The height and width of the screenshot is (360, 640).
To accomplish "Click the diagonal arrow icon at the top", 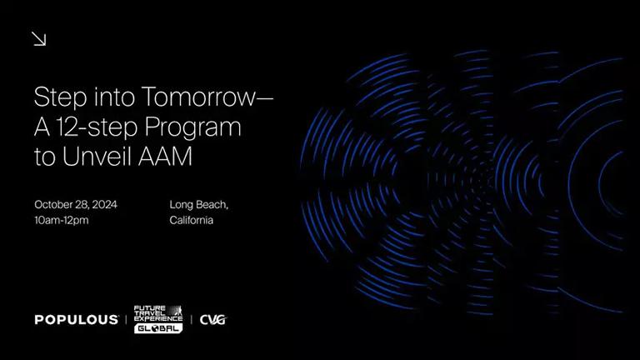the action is click(39, 39).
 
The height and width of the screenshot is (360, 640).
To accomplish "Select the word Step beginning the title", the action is click(60, 98).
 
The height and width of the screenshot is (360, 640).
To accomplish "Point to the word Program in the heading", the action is click(193, 127).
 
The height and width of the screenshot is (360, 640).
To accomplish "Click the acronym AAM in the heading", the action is click(165, 157).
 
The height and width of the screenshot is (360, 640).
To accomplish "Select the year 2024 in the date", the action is click(104, 204).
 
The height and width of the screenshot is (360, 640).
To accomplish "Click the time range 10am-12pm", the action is click(61, 220).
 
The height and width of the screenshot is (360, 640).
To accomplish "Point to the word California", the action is click(192, 220).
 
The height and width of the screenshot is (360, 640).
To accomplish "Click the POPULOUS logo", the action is click(77, 320).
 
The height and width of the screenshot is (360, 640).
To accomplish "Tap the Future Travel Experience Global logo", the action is click(158, 319).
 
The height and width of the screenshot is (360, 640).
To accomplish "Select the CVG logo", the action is click(212, 320).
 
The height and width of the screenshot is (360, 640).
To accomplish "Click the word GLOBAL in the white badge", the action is click(158, 328).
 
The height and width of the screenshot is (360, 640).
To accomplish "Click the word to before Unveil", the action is click(44, 157).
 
